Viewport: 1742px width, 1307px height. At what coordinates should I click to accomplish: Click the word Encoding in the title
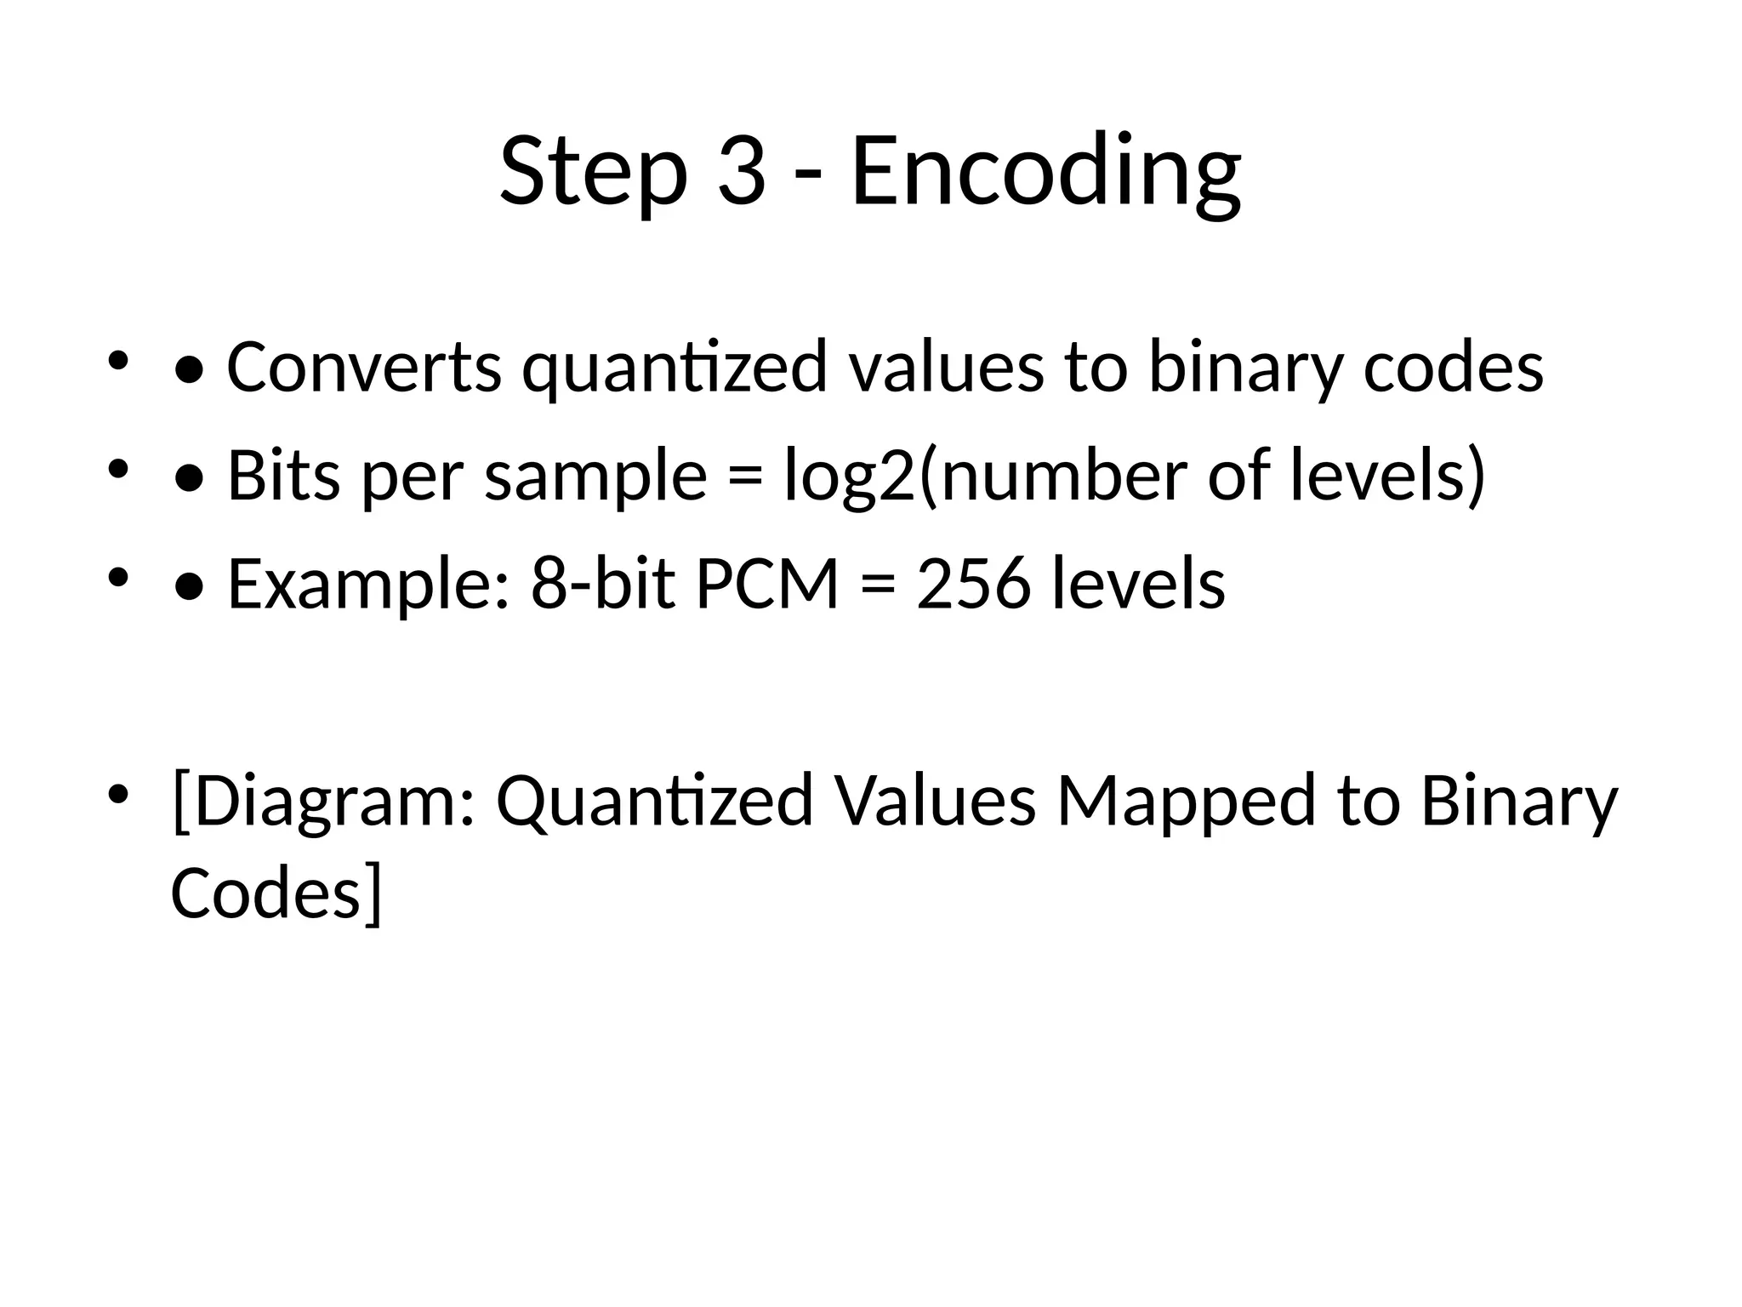(x=1045, y=172)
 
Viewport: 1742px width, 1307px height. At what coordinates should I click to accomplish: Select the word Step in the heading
(x=593, y=172)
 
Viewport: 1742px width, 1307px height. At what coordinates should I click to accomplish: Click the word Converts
(x=364, y=368)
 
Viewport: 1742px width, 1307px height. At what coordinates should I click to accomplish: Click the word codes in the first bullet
(x=1453, y=368)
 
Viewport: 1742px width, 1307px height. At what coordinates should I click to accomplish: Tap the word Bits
(x=284, y=477)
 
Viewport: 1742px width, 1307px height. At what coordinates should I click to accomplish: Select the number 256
(x=973, y=584)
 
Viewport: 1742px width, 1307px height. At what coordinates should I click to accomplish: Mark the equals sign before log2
(x=745, y=477)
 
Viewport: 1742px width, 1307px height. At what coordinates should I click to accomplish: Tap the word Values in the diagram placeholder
(x=935, y=800)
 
